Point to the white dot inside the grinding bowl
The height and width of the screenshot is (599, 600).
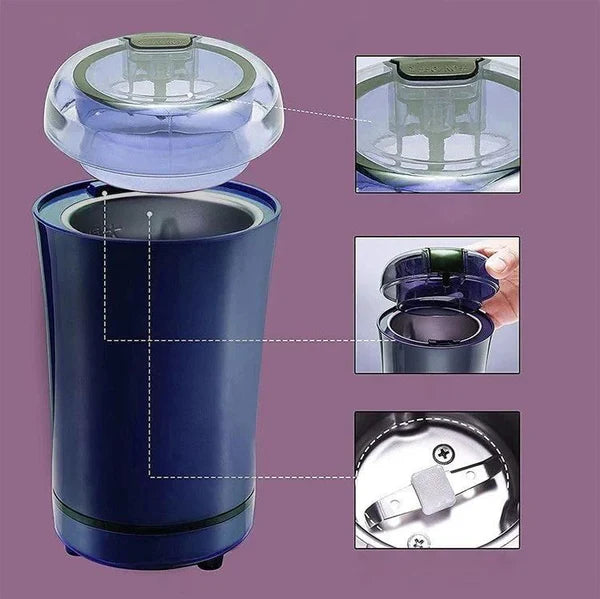[x=148, y=213]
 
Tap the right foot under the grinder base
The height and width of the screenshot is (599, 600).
[x=209, y=563]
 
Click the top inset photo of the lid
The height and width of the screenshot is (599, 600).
[x=437, y=124]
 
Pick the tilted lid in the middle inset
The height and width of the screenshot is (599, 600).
[x=440, y=275]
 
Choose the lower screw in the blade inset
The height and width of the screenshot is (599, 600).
[x=417, y=541]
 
